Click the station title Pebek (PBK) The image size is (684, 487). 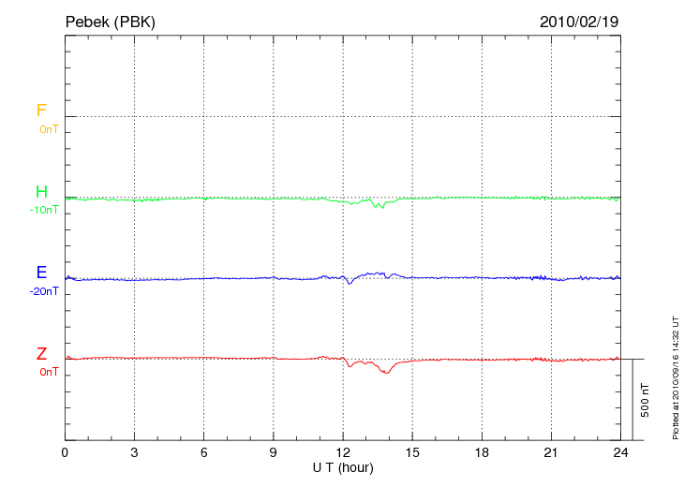pyautogui.click(x=110, y=21)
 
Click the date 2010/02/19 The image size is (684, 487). pyautogui.click(x=579, y=21)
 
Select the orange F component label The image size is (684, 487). pyautogui.click(x=41, y=111)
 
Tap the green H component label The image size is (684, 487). pyautogui.click(x=41, y=192)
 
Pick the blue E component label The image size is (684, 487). pyautogui.click(x=41, y=273)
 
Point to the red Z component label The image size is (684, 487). pyautogui.click(x=41, y=354)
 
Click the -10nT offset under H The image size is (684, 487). pyautogui.click(x=44, y=210)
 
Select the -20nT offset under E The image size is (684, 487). pyautogui.click(x=44, y=291)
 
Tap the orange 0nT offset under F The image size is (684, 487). pyautogui.click(x=48, y=129)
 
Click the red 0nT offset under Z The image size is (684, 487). pyautogui.click(x=48, y=372)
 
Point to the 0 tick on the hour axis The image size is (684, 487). pyautogui.click(x=65, y=452)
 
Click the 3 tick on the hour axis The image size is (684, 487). pyautogui.click(x=134, y=452)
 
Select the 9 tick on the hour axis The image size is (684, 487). pyautogui.click(x=274, y=452)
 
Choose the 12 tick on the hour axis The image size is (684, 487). pyautogui.click(x=343, y=452)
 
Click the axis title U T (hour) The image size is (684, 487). pyautogui.click(x=343, y=467)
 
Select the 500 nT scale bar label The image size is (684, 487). pyautogui.click(x=645, y=400)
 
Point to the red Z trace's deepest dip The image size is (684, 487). pyautogui.click(x=386, y=373)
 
